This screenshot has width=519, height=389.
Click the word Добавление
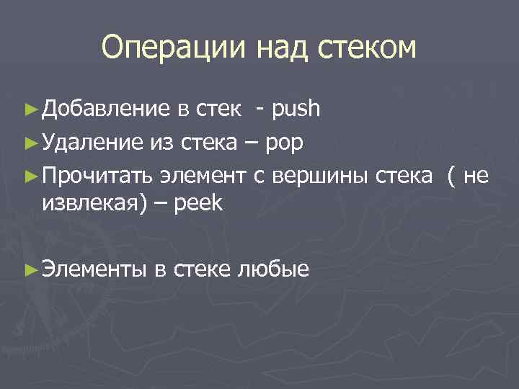point(105,109)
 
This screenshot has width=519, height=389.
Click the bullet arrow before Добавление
point(30,109)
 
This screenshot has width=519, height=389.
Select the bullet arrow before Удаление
point(30,142)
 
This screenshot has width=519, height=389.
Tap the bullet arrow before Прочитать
point(30,174)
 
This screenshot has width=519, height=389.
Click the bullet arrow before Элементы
point(30,269)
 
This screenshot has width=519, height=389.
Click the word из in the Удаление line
point(159,142)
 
